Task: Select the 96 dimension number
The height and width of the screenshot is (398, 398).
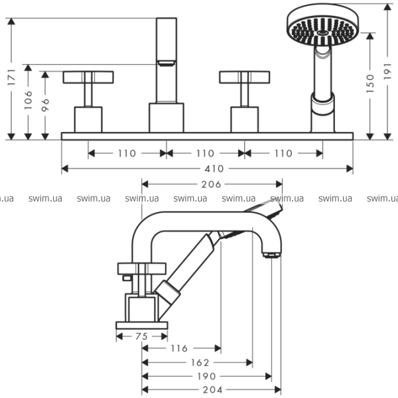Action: (x=44, y=104)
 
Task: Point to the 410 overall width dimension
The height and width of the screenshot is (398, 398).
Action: (x=206, y=168)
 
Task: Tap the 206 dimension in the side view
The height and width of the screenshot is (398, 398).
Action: (x=212, y=184)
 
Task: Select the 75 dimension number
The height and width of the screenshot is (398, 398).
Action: (x=141, y=336)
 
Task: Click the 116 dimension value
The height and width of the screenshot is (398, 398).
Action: (x=179, y=348)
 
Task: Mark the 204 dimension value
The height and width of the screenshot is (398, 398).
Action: (x=213, y=389)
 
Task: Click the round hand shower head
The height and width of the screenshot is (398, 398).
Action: (x=321, y=25)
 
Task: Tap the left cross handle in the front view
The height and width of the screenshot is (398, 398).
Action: (x=88, y=77)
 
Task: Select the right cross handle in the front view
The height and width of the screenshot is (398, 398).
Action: (x=243, y=77)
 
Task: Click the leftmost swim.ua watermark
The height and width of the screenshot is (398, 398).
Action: (x=7, y=198)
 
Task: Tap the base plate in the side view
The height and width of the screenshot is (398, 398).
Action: (x=142, y=325)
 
